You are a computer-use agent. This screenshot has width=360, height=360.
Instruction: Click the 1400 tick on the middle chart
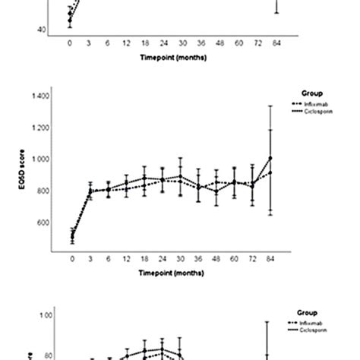39,96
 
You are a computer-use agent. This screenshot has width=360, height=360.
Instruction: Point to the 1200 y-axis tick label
39,128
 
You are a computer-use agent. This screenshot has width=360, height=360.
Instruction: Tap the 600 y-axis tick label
40,223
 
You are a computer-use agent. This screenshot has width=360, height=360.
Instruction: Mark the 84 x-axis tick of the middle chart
271,259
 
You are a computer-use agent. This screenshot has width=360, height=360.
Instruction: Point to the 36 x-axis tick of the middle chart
199,259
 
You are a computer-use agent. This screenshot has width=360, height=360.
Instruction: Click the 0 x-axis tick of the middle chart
72,259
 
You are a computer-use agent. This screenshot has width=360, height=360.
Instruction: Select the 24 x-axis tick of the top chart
163,44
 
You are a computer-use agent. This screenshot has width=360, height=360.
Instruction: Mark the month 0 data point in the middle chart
72,237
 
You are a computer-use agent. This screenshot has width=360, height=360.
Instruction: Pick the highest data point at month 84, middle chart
270,158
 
